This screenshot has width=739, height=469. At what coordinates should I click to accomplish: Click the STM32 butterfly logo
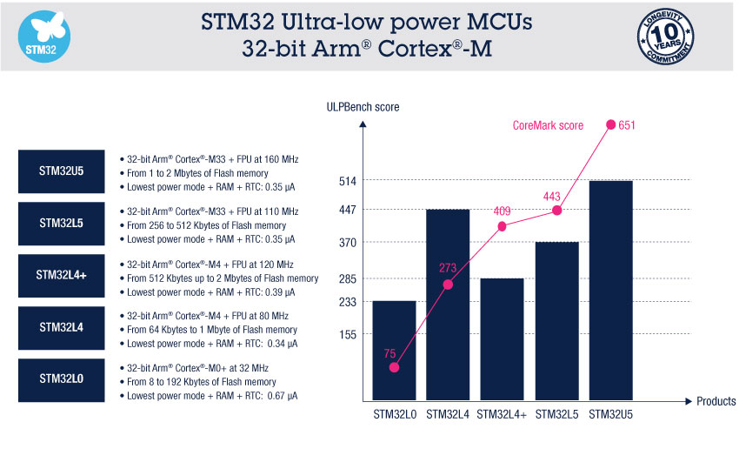point(44,37)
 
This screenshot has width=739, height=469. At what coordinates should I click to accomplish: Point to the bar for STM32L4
point(448,305)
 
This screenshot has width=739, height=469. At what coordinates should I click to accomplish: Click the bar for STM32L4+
point(502,339)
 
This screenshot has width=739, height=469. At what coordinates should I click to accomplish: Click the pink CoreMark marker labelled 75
point(395,367)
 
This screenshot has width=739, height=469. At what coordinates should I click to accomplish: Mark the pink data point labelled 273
point(448,285)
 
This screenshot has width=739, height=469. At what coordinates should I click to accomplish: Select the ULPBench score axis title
point(363,106)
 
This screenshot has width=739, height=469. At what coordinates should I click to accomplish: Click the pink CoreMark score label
point(547,126)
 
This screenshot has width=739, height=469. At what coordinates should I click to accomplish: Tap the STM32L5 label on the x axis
point(556,415)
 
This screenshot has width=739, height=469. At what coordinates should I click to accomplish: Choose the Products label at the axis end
point(715,401)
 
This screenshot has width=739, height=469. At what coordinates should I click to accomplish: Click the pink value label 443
point(551,196)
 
